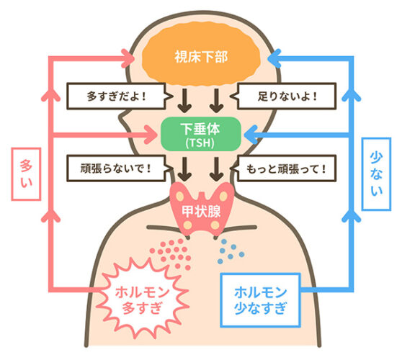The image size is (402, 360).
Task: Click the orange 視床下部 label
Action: [x=201, y=57]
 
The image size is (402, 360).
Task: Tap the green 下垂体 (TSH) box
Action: [x=201, y=134]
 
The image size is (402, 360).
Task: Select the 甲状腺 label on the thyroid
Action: [x=201, y=212]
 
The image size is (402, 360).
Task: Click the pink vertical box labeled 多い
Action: [x=26, y=174]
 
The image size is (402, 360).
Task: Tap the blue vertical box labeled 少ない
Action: [x=376, y=174]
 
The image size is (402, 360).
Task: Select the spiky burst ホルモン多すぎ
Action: [x=142, y=300]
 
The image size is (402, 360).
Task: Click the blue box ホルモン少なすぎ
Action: [x=261, y=300]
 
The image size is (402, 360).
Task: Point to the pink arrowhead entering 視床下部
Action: [x=128, y=58]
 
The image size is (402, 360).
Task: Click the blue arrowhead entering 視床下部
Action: [x=274, y=58]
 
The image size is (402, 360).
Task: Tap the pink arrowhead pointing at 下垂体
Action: [x=151, y=135]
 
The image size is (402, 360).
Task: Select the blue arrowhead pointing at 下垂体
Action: [x=251, y=135]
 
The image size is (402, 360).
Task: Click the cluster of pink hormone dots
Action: [x=171, y=253]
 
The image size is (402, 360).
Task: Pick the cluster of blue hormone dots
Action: [x=231, y=251]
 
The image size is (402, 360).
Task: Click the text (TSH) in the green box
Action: [x=200, y=143]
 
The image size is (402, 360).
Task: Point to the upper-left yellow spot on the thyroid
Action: [x=179, y=197]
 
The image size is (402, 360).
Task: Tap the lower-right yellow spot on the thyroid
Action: [x=215, y=225]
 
